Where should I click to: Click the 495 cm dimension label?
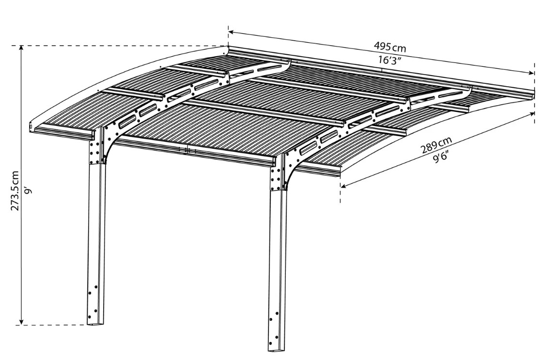pyautogui.click(x=389, y=47)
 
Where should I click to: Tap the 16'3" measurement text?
pyautogui.click(x=389, y=60)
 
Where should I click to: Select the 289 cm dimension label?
pyautogui.click(x=436, y=145)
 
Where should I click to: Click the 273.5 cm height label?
pyautogui.click(x=15, y=190)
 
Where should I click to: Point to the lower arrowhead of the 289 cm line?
pyautogui.click(x=344, y=186)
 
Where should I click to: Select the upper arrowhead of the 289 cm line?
pyautogui.click(x=531, y=114)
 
